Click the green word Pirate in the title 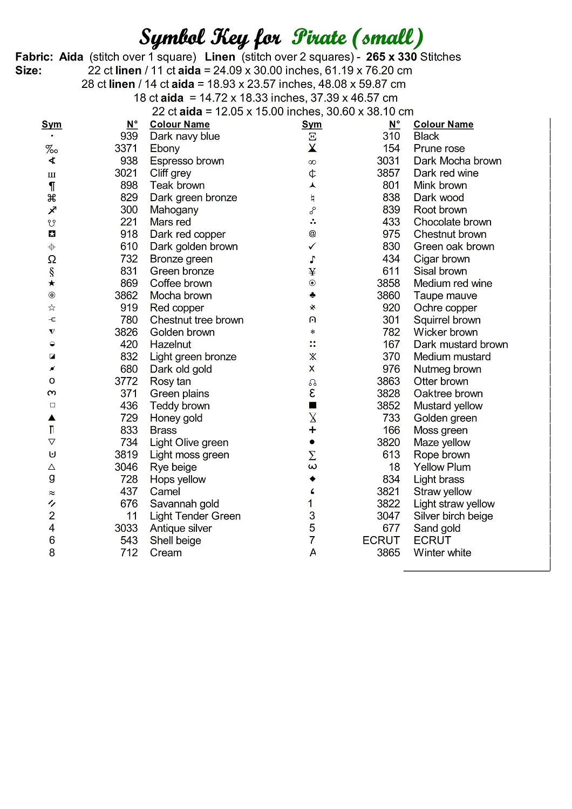point(319,38)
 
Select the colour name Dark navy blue point(185,136)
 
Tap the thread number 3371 point(126,148)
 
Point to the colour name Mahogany point(174,210)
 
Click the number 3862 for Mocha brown point(126,296)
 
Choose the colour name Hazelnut point(171,345)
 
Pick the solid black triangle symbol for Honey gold point(52,418)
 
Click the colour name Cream point(166,553)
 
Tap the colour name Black point(426,136)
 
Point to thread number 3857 point(389,173)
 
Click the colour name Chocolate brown point(452,222)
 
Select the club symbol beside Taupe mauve point(312,296)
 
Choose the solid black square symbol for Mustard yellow point(312,406)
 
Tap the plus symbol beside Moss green point(312,430)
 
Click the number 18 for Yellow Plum point(394,467)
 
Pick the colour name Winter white point(442,553)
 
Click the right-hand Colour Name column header point(444,125)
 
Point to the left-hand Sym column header point(52,125)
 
